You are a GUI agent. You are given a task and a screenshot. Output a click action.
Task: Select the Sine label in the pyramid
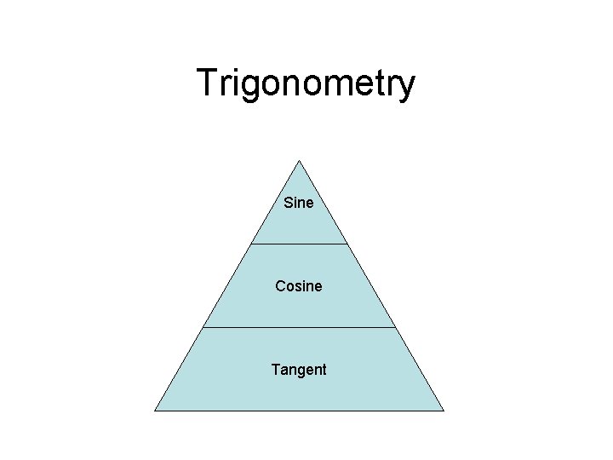click(x=299, y=204)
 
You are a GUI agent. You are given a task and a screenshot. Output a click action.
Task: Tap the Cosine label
click(x=299, y=286)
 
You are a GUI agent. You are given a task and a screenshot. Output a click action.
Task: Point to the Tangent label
click(x=299, y=370)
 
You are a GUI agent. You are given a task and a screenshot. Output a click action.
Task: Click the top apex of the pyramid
click(x=299, y=160)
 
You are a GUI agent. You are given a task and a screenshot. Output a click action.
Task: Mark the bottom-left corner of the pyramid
click(x=155, y=410)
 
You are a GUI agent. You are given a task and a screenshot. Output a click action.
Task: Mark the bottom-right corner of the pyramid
click(x=444, y=410)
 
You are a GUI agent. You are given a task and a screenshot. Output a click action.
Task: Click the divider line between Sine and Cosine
click(x=299, y=244)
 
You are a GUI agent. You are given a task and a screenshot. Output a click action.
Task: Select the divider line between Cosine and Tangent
click(x=299, y=327)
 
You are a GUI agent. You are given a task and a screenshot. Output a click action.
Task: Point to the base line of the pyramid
click(x=299, y=410)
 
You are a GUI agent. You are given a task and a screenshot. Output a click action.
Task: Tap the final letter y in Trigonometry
click(x=405, y=88)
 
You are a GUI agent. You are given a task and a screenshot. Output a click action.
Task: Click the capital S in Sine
click(x=288, y=204)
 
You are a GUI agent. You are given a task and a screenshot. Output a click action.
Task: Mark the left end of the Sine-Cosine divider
click(x=251, y=244)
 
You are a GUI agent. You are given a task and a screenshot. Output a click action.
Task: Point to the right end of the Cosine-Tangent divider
click(x=396, y=327)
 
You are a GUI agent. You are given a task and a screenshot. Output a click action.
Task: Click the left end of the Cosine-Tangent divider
click(x=203, y=327)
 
